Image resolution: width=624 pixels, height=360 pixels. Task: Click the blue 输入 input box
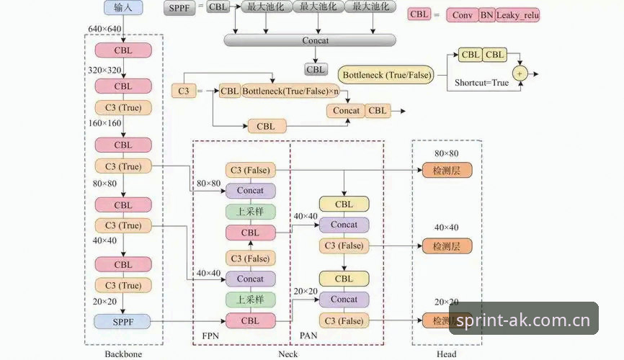click(x=123, y=7)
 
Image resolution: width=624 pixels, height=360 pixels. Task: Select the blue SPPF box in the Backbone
click(x=122, y=321)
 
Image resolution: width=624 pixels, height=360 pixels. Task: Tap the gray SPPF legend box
click(x=179, y=8)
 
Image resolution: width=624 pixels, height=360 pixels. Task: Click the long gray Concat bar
click(x=310, y=40)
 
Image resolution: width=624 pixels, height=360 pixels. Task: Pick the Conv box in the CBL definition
click(x=463, y=15)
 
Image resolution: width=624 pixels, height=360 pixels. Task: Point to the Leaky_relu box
click(x=517, y=15)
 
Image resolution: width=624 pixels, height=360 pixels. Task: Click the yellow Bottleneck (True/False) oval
click(x=386, y=75)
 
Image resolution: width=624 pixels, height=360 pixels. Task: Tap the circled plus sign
click(x=520, y=73)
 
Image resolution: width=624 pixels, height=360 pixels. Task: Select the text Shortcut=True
click(x=481, y=83)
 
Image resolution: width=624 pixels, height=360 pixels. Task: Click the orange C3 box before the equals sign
click(x=184, y=91)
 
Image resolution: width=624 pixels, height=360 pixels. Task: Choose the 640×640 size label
click(x=104, y=29)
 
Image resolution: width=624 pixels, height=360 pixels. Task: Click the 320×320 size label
click(x=104, y=70)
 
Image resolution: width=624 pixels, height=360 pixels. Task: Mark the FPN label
click(x=210, y=336)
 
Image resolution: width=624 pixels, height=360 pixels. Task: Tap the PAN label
click(x=308, y=336)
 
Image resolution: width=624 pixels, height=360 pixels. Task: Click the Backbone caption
click(x=123, y=354)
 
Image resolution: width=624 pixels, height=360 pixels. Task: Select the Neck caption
click(x=288, y=354)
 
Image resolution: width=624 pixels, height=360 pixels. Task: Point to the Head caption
click(x=447, y=354)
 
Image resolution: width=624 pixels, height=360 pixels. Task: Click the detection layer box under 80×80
click(x=447, y=170)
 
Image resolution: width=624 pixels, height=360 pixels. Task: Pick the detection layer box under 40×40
click(x=447, y=246)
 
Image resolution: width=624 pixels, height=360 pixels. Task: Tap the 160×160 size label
click(x=104, y=123)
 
